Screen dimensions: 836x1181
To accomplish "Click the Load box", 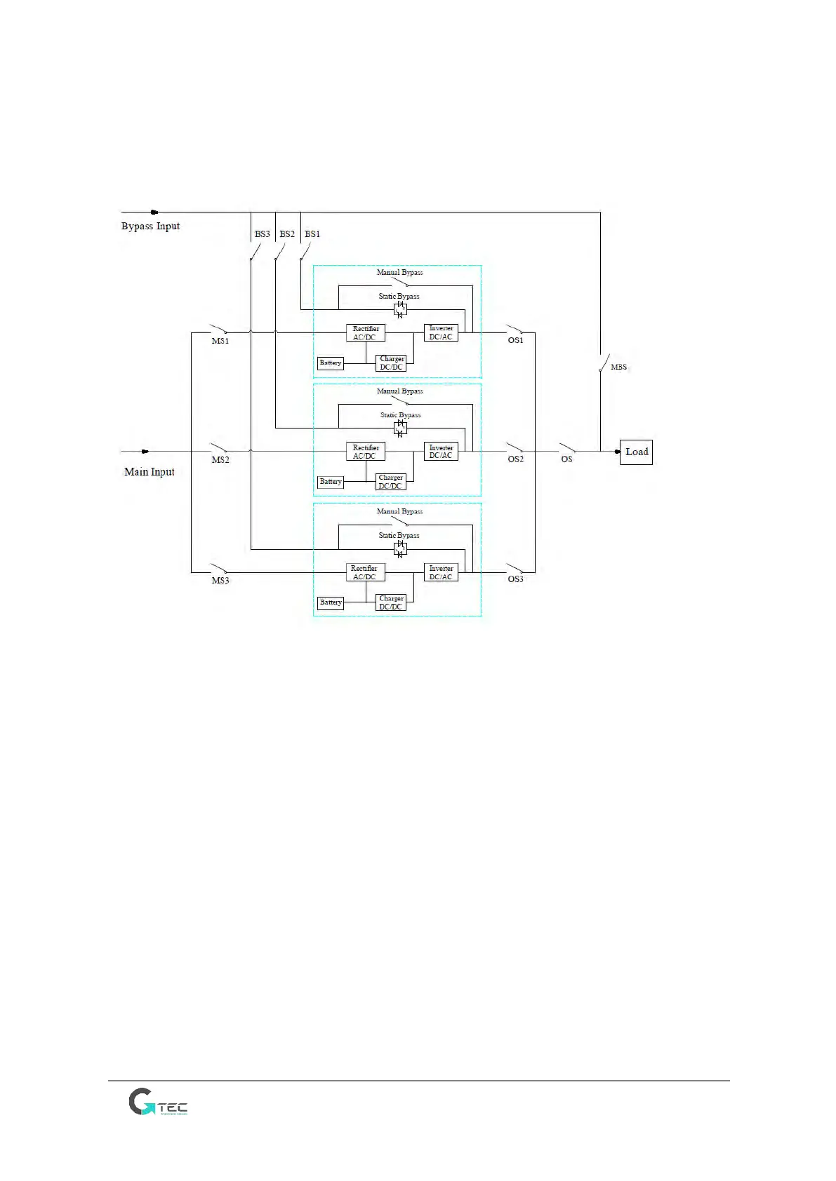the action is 636,452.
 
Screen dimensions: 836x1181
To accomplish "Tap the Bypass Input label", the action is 150,226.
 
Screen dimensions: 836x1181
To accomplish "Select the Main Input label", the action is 149,472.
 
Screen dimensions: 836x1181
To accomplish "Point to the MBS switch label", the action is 618,367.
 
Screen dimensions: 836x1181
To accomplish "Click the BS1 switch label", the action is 312,234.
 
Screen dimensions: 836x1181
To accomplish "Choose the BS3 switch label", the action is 262,234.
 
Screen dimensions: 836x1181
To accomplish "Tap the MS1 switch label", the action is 220,341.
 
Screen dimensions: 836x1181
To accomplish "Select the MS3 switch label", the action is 220,581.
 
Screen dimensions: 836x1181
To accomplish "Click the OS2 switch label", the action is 515,459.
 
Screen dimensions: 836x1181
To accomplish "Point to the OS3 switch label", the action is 515,579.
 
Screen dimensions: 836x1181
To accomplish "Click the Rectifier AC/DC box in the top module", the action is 365,333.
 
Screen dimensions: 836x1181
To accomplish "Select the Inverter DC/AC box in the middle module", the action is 441,452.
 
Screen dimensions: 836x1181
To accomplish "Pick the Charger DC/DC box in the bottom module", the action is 391,602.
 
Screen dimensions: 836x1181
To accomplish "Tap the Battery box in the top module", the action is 331,363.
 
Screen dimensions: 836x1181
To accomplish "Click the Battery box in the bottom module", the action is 331,602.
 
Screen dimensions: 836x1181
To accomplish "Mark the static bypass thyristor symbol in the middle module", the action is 400,428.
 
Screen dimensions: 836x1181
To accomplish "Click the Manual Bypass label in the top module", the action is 399,272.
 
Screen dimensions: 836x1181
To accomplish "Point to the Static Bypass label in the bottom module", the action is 399,535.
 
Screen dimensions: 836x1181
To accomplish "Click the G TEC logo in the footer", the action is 158,1102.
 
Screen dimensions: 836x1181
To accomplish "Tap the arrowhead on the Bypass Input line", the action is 154,212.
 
